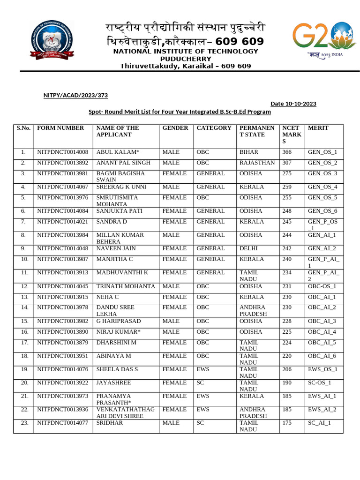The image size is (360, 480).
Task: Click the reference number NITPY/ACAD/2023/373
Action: (75, 95)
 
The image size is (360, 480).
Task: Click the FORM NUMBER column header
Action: (60, 128)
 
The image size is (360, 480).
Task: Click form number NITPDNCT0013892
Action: (62, 163)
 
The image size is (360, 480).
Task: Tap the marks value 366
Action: (286, 152)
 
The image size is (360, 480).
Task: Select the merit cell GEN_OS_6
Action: (322, 211)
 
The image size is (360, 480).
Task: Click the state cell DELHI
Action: (248, 248)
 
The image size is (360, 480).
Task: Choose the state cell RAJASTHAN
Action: (257, 163)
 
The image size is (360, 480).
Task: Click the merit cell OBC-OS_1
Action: (322, 286)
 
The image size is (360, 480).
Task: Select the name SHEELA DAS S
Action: (117, 369)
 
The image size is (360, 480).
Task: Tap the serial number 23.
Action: (24, 423)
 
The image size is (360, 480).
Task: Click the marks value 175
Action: (286, 423)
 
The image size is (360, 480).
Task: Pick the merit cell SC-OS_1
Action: (319, 383)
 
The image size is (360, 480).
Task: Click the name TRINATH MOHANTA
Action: (125, 286)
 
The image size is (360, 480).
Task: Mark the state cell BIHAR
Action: (248, 152)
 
